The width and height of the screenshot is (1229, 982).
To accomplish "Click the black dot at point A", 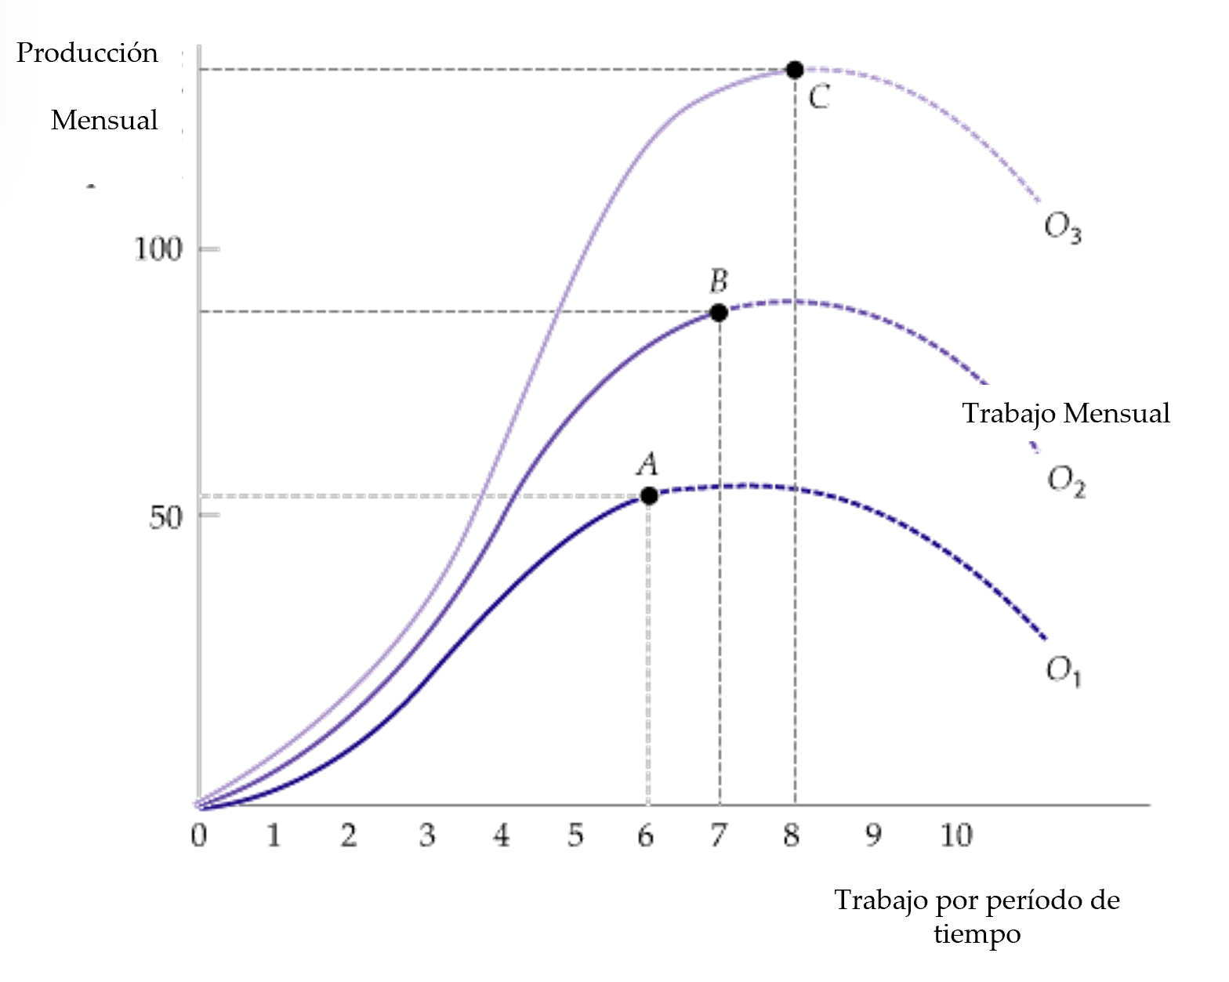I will click(649, 495).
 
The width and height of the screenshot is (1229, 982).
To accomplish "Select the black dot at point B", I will click(719, 313).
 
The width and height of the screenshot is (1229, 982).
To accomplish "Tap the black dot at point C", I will click(795, 70).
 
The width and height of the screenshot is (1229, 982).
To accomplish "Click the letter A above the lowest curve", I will click(647, 465).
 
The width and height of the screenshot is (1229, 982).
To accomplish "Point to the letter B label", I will click(718, 281).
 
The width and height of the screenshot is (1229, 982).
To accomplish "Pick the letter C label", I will click(819, 98).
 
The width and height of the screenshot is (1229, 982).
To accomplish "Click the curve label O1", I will click(1064, 671).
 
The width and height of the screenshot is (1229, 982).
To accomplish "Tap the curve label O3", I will click(1063, 227).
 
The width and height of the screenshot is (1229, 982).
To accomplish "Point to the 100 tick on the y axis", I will click(158, 249).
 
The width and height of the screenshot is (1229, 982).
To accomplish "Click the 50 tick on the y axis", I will click(165, 517).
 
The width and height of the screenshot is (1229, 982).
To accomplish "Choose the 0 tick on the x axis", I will click(199, 835).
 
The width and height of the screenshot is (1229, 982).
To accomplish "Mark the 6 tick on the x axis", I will click(646, 836).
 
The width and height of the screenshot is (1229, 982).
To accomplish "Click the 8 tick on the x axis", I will click(792, 835).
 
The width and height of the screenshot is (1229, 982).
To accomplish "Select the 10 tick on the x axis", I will click(956, 835).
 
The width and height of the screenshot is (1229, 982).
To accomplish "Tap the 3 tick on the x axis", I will click(426, 835).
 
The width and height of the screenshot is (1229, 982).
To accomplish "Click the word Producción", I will click(87, 53).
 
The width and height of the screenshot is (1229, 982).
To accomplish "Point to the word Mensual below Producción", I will click(104, 121).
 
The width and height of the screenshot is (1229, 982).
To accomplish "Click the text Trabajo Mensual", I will click(1066, 413).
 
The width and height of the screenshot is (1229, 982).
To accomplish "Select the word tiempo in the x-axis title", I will click(977, 934).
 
